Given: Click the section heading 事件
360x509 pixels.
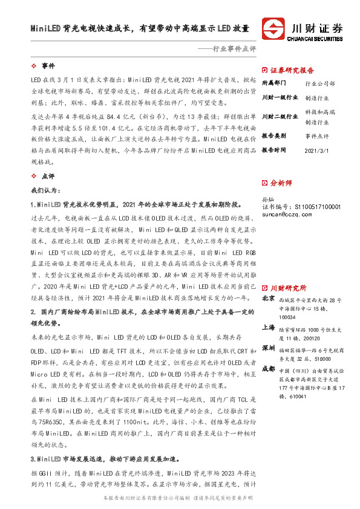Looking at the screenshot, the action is pyautogui.click(x=48, y=65).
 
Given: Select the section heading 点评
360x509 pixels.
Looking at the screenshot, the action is pyautogui.click(x=48, y=176).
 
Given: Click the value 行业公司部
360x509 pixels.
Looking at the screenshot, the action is pyautogui.click(x=320, y=83).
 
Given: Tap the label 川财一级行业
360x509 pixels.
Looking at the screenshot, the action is pyautogui.click(x=280, y=97).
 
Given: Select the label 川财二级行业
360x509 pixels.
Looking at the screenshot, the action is pyautogui.click(x=280, y=116).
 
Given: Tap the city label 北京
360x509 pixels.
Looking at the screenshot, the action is pyautogui.click(x=268, y=299).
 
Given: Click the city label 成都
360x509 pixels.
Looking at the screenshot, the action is pyautogui.click(x=268, y=368).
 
